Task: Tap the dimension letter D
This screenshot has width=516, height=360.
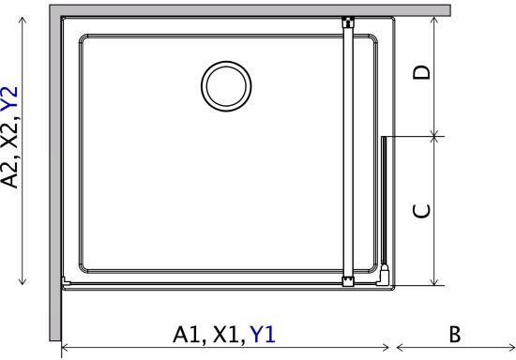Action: click(421, 72)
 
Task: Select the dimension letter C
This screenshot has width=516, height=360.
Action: click(421, 211)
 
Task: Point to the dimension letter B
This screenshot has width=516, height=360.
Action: click(455, 335)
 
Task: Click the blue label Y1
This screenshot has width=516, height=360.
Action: click(263, 335)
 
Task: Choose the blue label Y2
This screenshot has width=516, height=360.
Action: click(9, 98)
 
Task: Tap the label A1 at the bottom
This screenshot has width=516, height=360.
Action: click(188, 335)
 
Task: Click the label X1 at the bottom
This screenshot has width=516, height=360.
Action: click(227, 335)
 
